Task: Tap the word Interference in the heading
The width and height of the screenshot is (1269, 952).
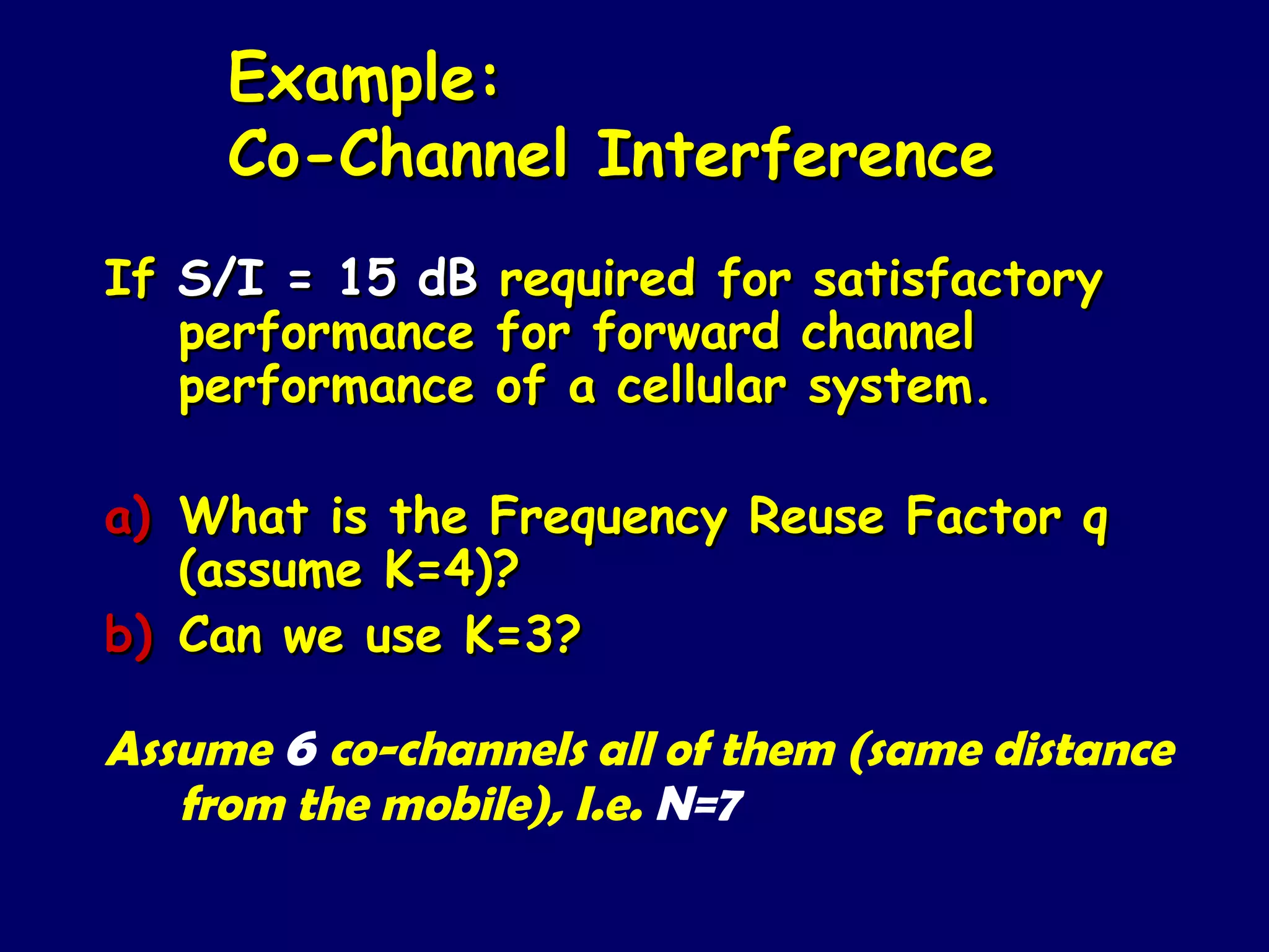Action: (795, 155)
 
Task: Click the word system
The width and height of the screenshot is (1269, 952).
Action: (898, 389)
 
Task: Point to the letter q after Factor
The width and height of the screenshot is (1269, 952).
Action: (1095, 522)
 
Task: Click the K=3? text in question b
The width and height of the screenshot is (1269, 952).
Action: (522, 635)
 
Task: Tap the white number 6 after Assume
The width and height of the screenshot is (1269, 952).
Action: (302, 750)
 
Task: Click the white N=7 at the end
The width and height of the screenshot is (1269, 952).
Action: (699, 806)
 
